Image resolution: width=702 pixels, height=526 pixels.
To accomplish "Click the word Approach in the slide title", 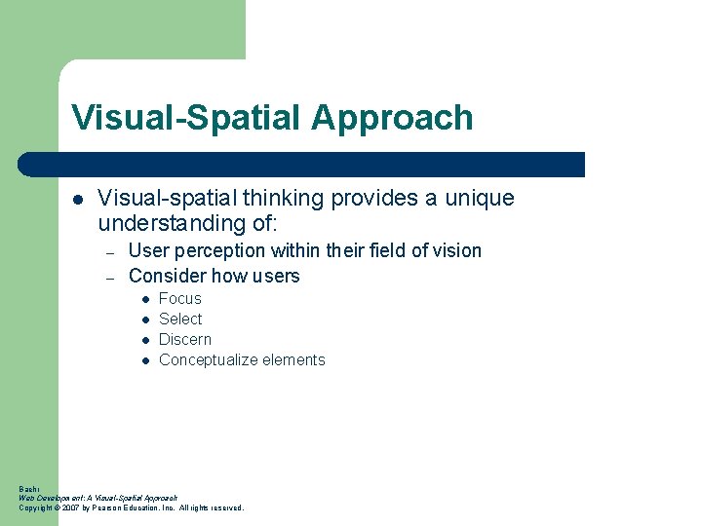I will tap(392, 119).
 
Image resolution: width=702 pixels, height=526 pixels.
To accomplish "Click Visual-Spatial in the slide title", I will tap(186, 119).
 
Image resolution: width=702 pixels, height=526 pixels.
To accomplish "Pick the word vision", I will tap(456, 251).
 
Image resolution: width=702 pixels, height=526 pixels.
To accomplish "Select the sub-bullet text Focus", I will tap(180, 299).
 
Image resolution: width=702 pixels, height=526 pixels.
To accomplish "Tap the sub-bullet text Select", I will tap(180, 319).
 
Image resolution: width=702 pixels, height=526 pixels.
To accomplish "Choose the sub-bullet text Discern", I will tap(185, 340).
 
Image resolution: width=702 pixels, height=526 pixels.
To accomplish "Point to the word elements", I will tap(295, 360).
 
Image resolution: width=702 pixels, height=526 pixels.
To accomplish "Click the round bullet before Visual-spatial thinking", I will tap(77, 200).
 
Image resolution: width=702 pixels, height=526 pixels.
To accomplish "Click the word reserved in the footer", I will tap(225, 507).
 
